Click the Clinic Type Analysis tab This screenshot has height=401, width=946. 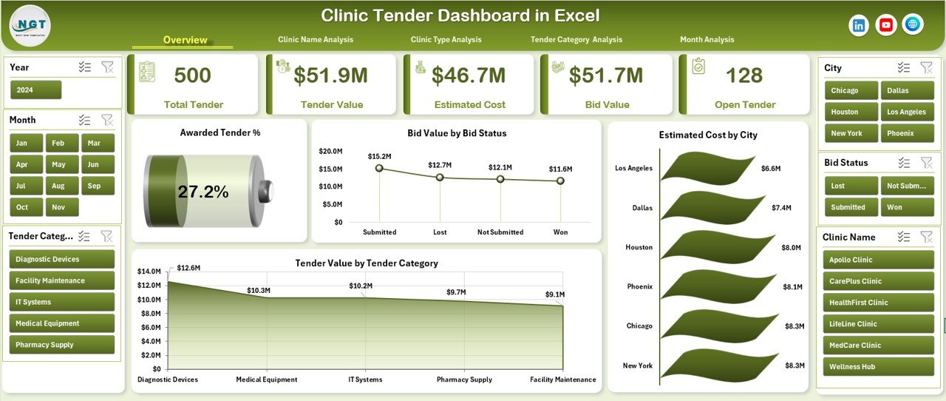pyautogui.click(x=446, y=40)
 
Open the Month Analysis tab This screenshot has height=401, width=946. pyautogui.click(x=707, y=40)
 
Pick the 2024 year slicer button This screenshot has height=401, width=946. pyautogui.click(x=35, y=90)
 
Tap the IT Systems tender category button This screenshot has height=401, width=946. pyautogui.click(x=62, y=302)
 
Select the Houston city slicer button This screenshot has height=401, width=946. pyautogui.click(x=849, y=112)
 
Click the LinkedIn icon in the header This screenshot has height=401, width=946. pyautogui.click(x=859, y=25)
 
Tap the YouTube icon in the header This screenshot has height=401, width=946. pyautogui.click(x=886, y=25)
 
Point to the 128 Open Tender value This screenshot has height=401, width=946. pyautogui.click(x=744, y=75)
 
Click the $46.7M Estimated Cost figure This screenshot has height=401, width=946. pyautogui.click(x=469, y=75)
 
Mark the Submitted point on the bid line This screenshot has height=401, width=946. pyautogui.click(x=379, y=168)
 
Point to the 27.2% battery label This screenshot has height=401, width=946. pyautogui.click(x=203, y=192)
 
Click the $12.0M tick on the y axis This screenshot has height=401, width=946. pyautogui.click(x=150, y=286)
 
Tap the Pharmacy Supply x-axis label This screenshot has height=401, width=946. pyautogui.click(x=464, y=380)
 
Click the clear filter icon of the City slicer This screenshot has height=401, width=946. pyautogui.click(x=926, y=67)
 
